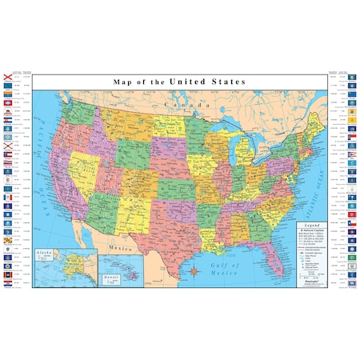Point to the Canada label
coord(181,104)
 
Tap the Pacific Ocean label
coord(46,152)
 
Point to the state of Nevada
coord(71,160)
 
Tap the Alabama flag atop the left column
coord(8,78)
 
